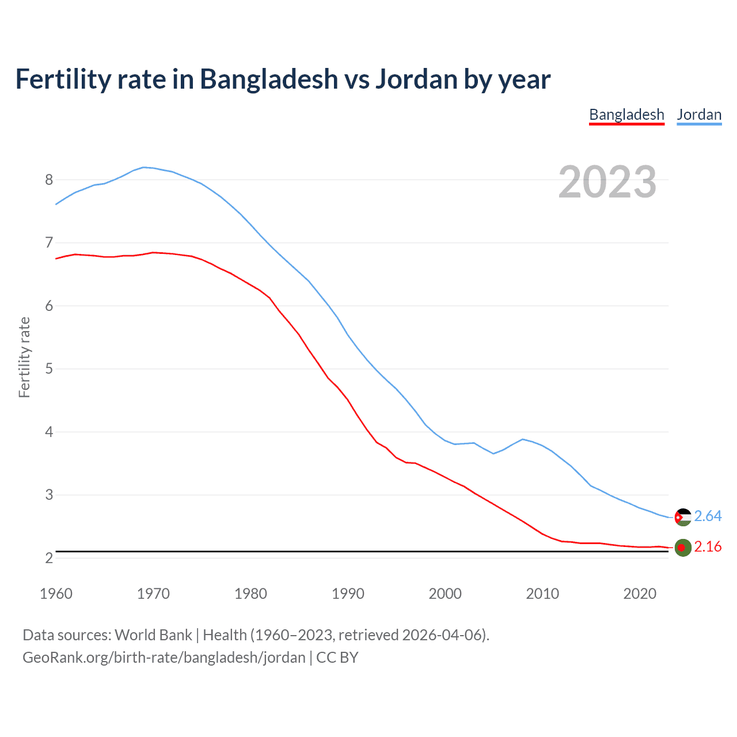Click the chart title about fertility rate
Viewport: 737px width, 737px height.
coord(283,79)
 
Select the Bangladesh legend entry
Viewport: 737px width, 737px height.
coord(626,115)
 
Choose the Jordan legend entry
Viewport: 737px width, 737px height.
coord(699,115)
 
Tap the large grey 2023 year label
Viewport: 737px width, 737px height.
coord(607,182)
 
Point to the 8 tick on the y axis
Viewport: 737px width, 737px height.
coord(49,180)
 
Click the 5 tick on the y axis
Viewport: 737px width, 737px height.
coord(49,368)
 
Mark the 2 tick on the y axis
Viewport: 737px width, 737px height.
coord(49,558)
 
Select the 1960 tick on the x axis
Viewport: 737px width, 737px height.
coord(56,594)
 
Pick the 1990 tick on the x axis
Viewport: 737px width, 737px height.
coord(348,594)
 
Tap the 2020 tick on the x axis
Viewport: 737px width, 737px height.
coord(640,594)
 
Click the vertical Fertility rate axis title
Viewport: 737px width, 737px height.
coord(24,357)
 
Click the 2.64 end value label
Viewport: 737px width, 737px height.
coord(708,516)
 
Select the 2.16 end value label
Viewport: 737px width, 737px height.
coord(708,547)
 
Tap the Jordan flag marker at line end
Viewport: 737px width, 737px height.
coord(683,517)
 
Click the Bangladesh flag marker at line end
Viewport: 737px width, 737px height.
coord(683,548)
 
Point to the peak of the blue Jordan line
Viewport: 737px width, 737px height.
coord(144,167)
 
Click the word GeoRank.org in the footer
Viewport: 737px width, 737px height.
coord(66,658)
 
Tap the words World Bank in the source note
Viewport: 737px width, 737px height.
coord(153,635)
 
